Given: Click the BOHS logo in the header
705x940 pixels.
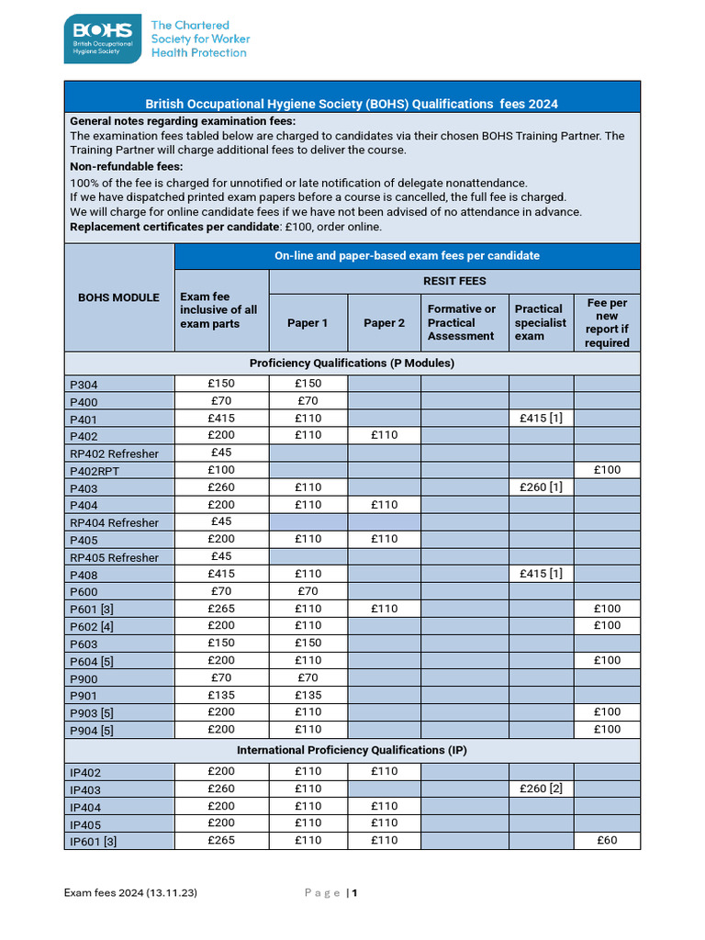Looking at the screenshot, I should pos(102,39).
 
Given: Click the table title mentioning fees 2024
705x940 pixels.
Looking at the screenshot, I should pos(352,104).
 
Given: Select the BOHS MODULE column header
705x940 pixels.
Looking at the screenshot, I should pos(119,297).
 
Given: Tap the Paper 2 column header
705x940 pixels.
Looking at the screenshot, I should pos(384,323).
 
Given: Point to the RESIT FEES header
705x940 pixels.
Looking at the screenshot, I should pos(454,281).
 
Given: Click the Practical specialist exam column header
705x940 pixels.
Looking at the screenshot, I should pos(541,323).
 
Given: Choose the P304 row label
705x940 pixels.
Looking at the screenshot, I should pos(84,385).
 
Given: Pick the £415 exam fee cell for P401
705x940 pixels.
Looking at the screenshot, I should pos(221,419).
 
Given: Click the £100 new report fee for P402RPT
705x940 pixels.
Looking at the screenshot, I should pos(607,470).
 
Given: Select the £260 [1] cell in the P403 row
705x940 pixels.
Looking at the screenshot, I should pos(541,487).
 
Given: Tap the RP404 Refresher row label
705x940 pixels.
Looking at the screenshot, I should pos(114,522).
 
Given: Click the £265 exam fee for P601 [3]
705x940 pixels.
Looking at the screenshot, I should pos(221,608).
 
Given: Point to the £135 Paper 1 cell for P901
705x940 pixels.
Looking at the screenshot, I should pos(308,694).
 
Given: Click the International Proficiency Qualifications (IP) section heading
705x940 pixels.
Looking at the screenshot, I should pos(352,751).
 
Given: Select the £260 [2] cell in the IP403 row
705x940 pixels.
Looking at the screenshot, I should pos(541,789).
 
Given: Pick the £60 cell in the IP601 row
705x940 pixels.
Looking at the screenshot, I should pos(607,840).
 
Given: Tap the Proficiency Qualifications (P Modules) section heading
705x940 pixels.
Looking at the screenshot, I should pos(352,364).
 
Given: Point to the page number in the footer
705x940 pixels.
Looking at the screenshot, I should pos(354,893).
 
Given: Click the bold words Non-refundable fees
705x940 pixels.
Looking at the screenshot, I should pos(127,166).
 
